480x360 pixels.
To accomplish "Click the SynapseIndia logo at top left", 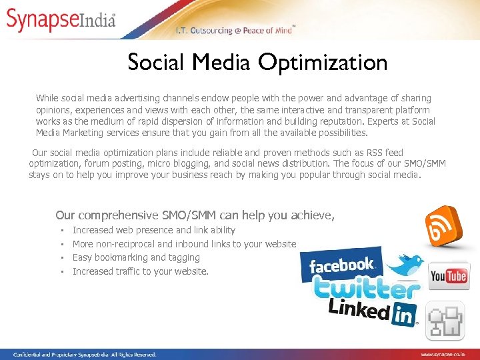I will (61, 19).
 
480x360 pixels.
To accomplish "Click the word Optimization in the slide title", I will (323, 63).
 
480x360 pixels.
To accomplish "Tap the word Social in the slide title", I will (157, 63).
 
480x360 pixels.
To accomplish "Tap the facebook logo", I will (341, 265).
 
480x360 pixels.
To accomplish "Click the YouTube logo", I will (449, 276).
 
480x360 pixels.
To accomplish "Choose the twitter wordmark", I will (367, 288).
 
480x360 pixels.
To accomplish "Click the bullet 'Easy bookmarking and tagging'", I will (136, 257).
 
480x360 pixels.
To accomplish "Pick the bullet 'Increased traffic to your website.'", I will (140, 271).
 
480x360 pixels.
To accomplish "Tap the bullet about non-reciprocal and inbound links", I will (184, 244).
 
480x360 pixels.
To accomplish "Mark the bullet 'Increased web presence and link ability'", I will (153, 230).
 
